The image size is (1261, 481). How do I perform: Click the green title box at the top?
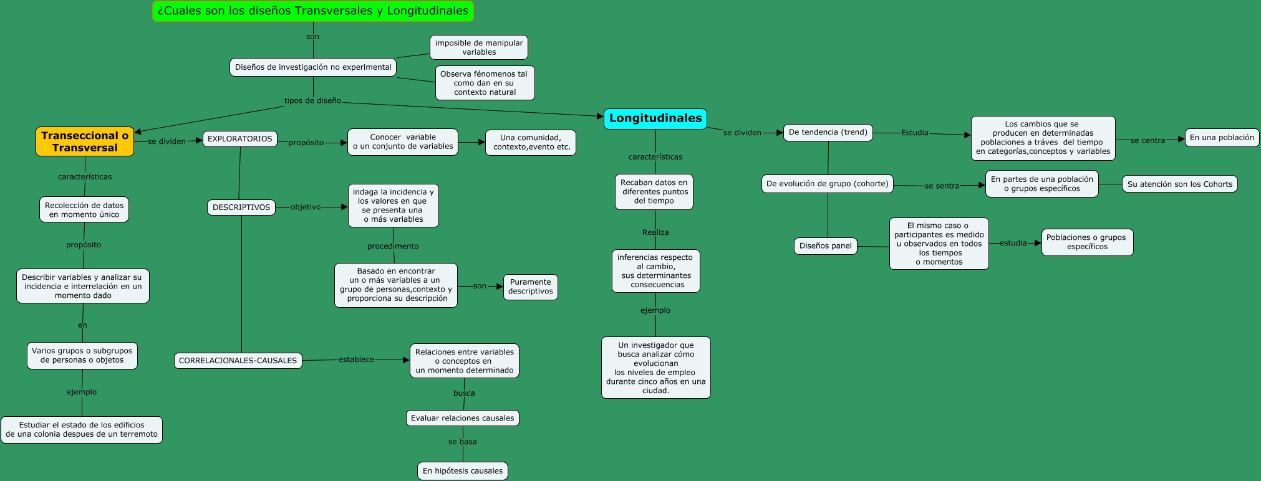(313, 11)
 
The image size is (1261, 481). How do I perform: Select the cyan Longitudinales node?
(655, 118)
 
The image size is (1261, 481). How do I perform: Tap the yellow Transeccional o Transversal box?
(85, 141)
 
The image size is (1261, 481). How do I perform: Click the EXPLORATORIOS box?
(240, 139)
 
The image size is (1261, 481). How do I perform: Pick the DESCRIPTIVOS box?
(241, 207)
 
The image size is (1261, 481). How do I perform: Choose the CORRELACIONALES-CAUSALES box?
(238, 361)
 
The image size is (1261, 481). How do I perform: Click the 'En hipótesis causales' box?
(463, 471)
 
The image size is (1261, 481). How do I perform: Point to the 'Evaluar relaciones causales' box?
(463, 418)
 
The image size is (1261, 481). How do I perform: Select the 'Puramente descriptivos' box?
(530, 287)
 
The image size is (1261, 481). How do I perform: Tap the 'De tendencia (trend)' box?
(828, 132)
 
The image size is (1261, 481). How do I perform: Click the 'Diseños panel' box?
(825, 245)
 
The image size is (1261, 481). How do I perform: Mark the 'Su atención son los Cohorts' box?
(1179, 184)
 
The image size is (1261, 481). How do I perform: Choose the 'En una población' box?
(1222, 138)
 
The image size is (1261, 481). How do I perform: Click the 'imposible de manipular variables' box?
(479, 47)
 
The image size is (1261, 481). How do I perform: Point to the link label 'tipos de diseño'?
(312, 100)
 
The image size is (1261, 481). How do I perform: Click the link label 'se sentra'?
(942, 186)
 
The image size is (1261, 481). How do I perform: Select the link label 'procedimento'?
(393, 246)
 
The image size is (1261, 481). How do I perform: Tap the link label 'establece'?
(356, 360)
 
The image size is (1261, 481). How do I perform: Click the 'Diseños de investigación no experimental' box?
(313, 67)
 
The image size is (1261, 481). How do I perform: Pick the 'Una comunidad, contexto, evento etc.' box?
(531, 142)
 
